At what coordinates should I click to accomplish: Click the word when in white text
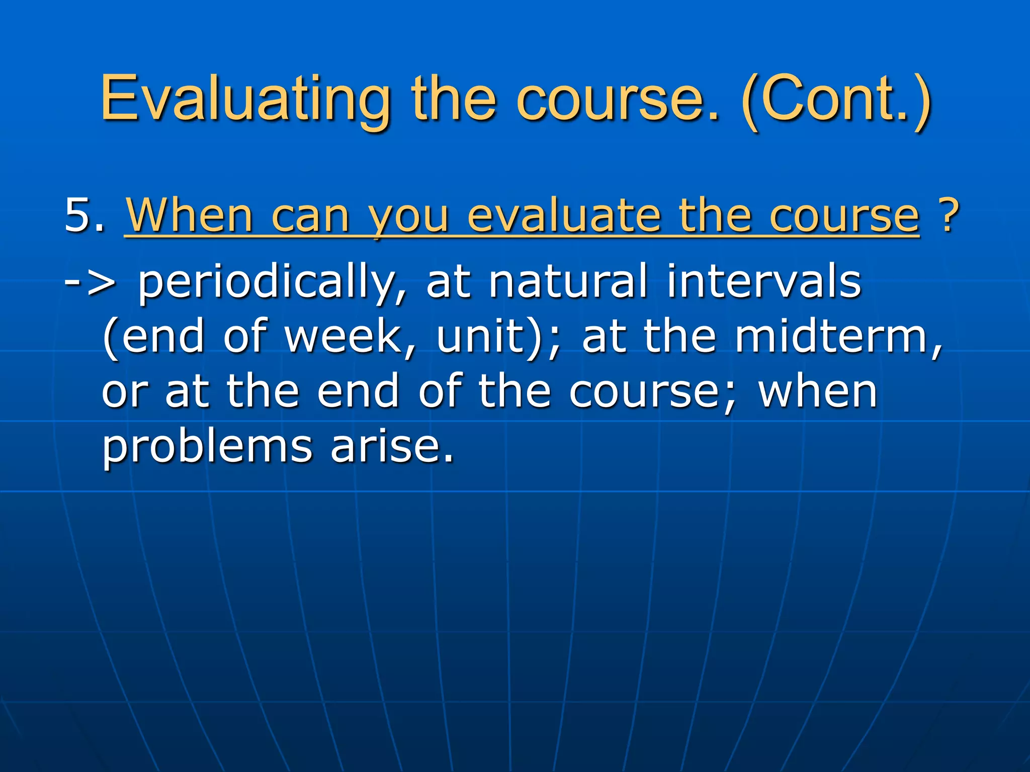(x=818, y=392)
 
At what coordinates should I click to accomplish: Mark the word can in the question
(x=310, y=216)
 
